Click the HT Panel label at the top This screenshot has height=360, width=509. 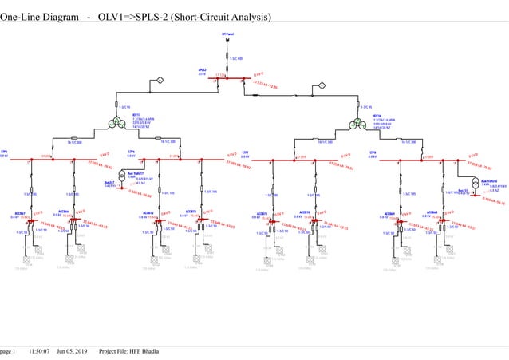227,34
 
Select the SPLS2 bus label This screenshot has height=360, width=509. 203,70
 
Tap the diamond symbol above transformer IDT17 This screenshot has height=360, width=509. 159,81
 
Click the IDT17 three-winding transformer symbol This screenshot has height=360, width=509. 117,121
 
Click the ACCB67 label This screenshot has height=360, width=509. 20,213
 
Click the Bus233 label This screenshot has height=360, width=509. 464,191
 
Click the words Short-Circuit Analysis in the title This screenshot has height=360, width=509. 222,17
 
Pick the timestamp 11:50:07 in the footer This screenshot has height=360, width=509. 39,351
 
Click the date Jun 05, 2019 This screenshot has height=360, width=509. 72,351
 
